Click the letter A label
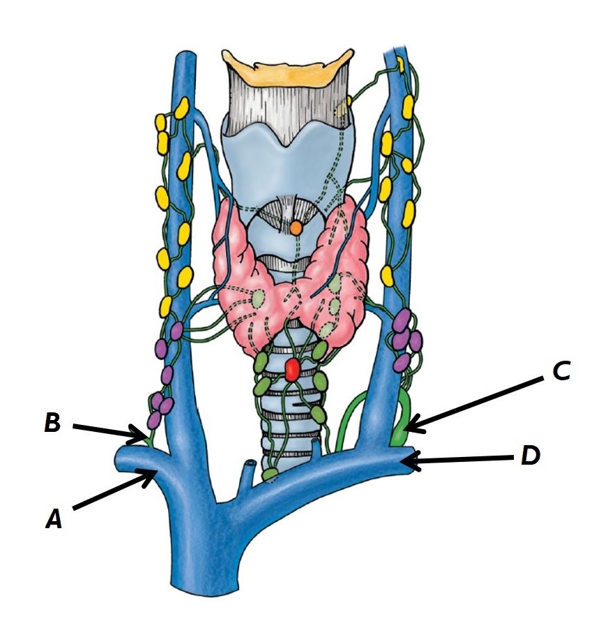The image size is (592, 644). (x=54, y=518)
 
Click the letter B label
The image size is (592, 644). (x=53, y=424)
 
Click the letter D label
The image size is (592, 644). (x=532, y=457)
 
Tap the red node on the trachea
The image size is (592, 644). (x=292, y=370)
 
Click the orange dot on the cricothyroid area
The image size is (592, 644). (x=296, y=227)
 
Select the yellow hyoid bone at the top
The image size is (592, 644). (x=292, y=66)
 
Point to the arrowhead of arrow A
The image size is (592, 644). (x=155, y=474)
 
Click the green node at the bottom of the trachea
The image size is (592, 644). (x=270, y=475)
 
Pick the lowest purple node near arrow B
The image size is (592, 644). (x=153, y=421)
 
